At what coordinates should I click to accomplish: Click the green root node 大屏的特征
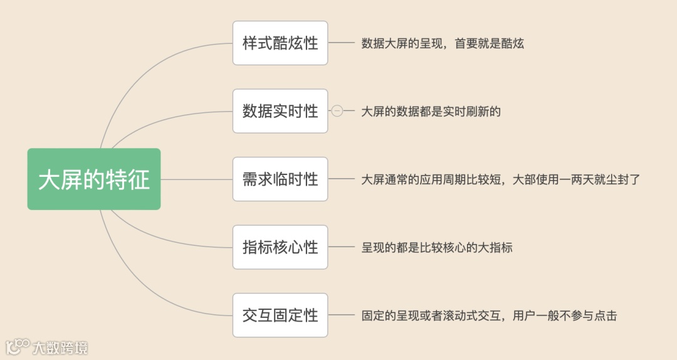pos(94,179)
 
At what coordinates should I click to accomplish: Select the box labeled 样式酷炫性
pos(280,43)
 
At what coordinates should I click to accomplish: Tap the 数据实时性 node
pos(280,111)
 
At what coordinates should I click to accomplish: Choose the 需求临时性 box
pos(280,179)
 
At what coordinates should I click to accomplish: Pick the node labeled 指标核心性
pos(280,247)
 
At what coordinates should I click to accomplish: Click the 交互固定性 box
pos(280,315)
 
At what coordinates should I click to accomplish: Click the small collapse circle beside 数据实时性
pos(337,111)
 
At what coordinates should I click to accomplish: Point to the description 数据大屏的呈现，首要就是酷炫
pos(443,44)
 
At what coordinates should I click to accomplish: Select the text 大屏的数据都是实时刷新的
pos(431,112)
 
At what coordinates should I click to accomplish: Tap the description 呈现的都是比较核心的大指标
pos(437,248)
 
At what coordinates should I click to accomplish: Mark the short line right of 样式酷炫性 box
pos(342,43)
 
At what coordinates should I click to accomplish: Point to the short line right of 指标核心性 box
pos(342,247)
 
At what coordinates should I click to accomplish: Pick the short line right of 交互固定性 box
pos(342,315)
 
